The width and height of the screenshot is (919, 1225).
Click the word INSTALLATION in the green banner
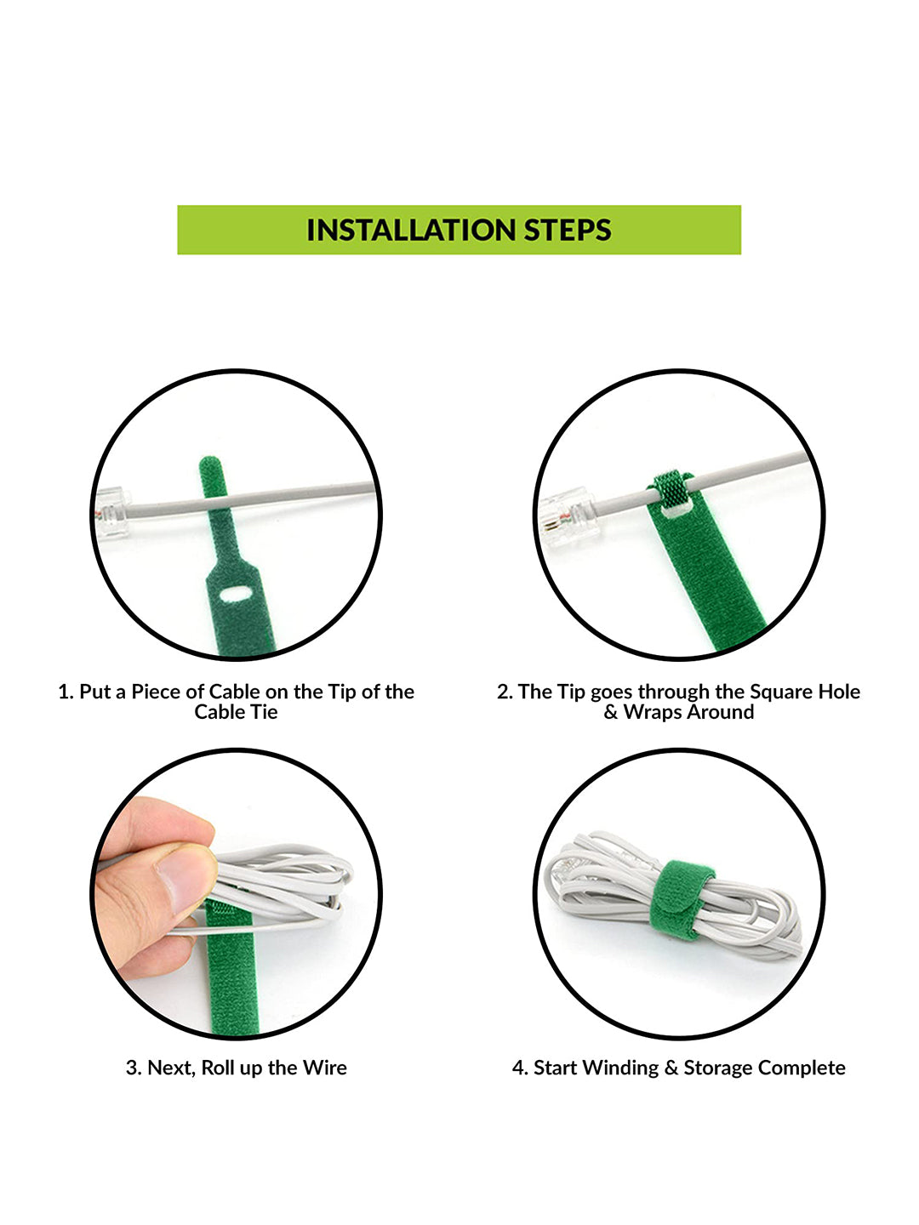[411, 230]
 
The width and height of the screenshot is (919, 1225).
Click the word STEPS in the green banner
[568, 230]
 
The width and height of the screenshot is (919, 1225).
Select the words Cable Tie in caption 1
[236, 712]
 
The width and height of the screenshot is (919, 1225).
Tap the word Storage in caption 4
[717, 1068]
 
